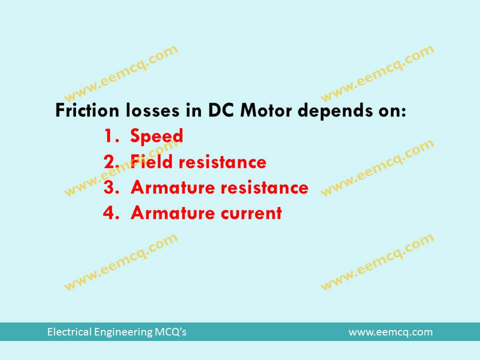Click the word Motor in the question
(266, 110)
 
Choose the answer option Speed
(156, 136)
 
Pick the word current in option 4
(251, 213)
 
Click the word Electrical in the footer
(66, 332)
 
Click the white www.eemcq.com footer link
(390, 332)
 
